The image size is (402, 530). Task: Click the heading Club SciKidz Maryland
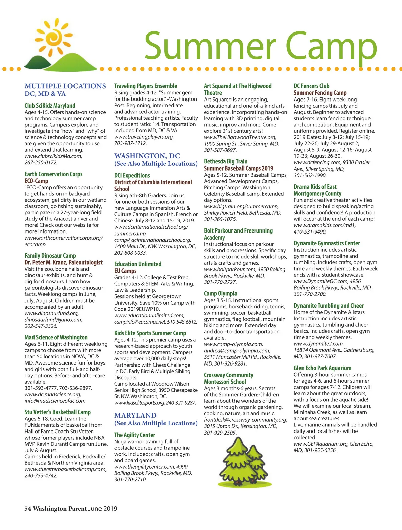coord(50,106)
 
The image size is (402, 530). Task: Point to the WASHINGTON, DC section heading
coord(147,156)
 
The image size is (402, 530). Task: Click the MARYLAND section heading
coord(135,415)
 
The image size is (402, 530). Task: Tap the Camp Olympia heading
coord(220,293)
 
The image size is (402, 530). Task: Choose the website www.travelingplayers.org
coord(144,137)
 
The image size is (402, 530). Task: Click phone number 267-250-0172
coord(41,162)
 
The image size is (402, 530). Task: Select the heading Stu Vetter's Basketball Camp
coord(58,412)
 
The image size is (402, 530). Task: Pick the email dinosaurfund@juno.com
coord(53,320)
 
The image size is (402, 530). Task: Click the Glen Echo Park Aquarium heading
coord(323,368)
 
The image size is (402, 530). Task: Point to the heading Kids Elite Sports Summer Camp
coord(150,333)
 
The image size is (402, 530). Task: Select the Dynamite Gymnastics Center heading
coord(327,243)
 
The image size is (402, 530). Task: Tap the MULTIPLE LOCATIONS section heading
coord(65,86)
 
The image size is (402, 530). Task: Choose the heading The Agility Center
coord(135,435)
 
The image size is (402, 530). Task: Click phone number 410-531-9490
coord(310,231)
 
